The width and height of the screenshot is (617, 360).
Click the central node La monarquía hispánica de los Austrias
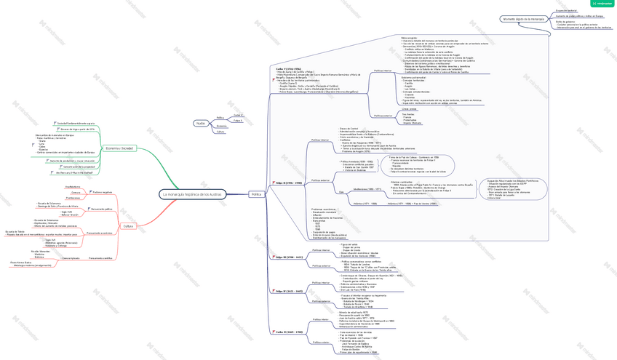point(193,194)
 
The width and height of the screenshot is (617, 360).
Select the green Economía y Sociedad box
point(119,148)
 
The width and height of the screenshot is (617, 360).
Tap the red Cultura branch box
point(128,226)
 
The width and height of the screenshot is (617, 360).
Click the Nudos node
point(201,123)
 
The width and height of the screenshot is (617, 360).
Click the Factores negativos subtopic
point(102,192)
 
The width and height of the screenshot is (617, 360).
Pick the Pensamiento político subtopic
point(101,209)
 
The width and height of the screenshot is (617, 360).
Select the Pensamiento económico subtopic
point(100,233)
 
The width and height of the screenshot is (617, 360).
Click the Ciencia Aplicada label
point(71,258)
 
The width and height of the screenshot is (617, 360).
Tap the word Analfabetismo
point(73,187)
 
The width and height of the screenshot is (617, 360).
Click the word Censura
point(76,192)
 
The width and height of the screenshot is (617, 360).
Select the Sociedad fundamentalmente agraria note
point(76,124)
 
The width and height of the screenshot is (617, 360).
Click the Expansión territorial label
point(567,11)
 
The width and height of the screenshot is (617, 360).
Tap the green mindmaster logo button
point(603,4)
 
